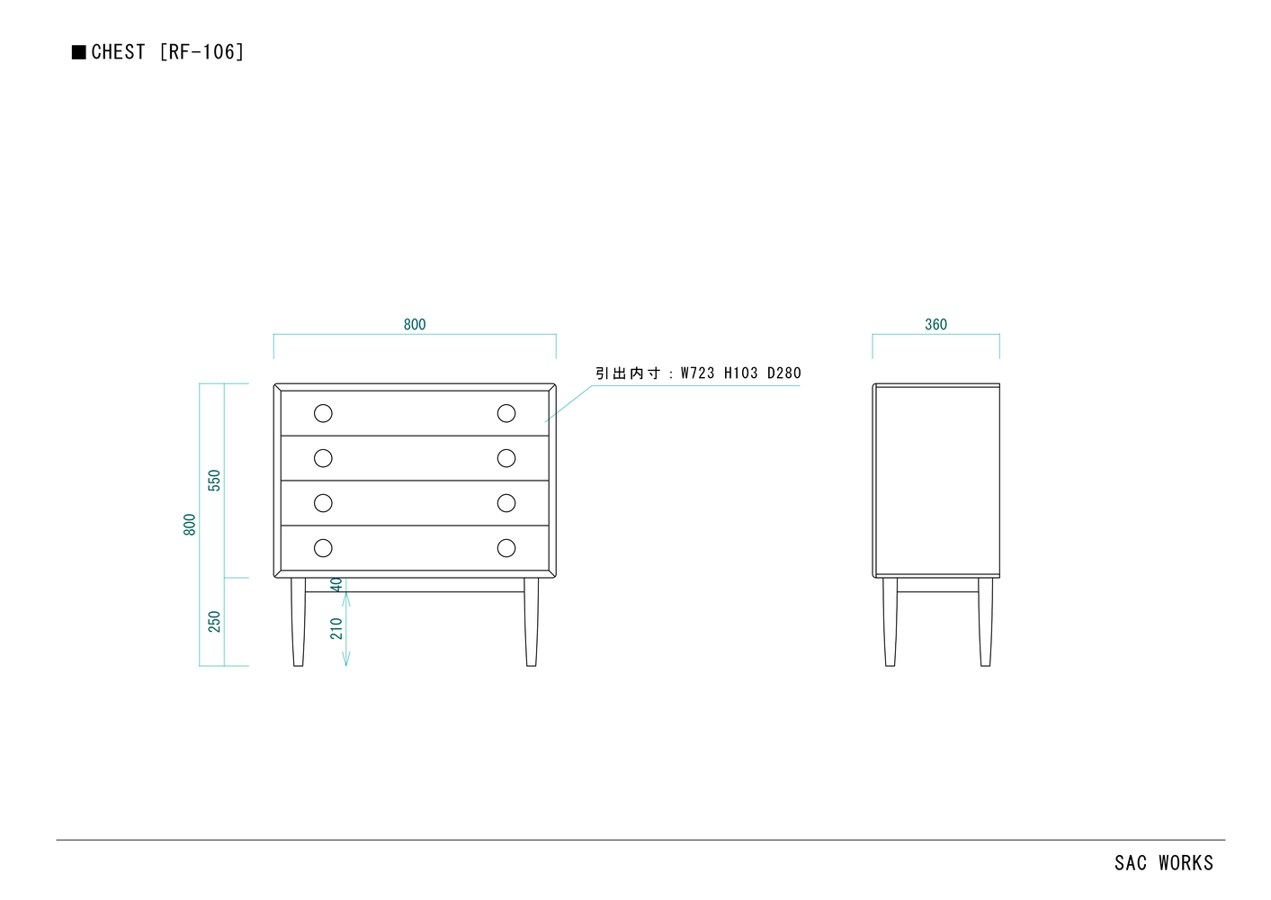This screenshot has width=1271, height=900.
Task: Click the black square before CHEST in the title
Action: tap(79, 52)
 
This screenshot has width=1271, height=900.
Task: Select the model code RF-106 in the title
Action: tap(202, 52)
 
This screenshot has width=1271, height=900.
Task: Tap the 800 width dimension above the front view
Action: tap(415, 324)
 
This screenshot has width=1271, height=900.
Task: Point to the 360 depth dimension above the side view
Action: tap(935, 324)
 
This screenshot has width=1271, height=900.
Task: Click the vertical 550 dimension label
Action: tap(214, 481)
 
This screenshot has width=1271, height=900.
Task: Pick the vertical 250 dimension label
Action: tap(214, 622)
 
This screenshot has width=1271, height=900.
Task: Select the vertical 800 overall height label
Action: tap(190, 525)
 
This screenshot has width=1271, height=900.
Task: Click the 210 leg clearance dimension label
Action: tap(336, 628)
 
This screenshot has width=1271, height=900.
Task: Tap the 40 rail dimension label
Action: tap(336, 584)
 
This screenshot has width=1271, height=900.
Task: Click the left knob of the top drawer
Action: tap(323, 413)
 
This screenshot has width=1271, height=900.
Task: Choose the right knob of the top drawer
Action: tap(506, 413)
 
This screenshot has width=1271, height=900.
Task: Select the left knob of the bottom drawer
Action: tap(323, 548)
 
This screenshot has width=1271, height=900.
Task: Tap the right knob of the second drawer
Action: tap(506, 458)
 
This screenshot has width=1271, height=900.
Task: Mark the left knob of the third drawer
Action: tap(323, 503)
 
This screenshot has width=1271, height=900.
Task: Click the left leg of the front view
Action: tap(299, 622)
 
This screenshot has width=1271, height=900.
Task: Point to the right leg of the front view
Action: tap(531, 622)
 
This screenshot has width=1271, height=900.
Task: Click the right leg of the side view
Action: tap(986, 622)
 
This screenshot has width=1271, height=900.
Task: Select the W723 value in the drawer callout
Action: tap(698, 373)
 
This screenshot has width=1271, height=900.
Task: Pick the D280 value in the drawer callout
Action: tap(784, 373)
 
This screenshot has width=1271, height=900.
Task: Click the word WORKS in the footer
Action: tap(1186, 863)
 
